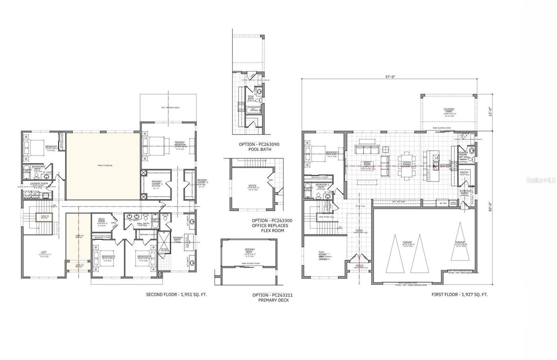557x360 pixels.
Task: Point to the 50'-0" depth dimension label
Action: pos(490,205)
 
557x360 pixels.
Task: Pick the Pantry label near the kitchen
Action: pos(464,173)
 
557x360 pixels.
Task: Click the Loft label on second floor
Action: pos(44,253)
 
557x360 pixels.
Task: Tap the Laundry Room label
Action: pos(39,183)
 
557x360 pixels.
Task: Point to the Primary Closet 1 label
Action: pos(157,183)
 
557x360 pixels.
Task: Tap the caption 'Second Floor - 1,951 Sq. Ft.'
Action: pos(176,295)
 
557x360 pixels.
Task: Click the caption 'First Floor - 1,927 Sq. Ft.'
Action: pos(460,295)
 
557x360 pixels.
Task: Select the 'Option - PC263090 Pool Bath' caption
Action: pos(259,146)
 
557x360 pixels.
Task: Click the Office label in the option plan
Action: pos(250,186)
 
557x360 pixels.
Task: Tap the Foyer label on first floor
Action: pos(359,231)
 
